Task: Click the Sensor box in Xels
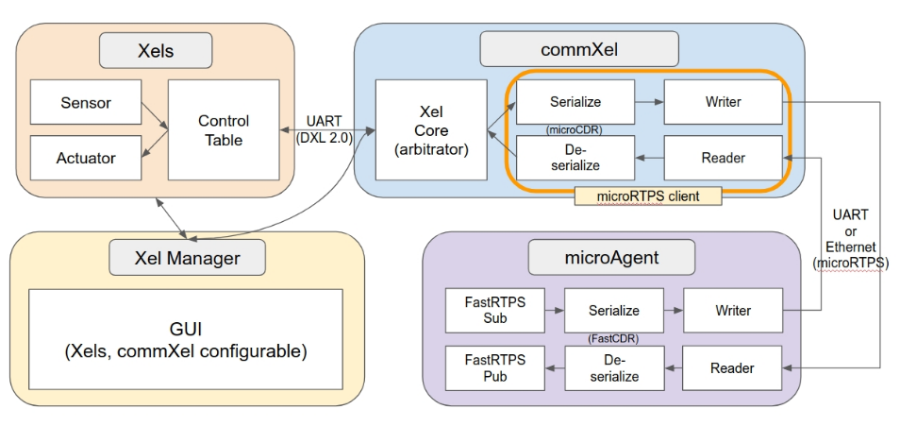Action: coord(86,102)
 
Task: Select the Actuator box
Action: coord(86,158)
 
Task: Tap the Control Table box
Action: coord(224,130)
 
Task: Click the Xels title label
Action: coord(156,51)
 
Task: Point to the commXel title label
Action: coord(579,49)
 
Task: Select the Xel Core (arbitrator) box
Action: coord(431,130)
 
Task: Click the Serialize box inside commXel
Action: coord(575,102)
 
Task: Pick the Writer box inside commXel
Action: coord(723,102)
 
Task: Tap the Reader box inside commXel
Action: coord(723,158)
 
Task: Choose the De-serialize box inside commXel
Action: coord(575,158)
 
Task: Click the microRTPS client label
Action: coord(648,196)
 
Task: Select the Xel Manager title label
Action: coord(187,258)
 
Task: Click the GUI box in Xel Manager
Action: coord(186,339)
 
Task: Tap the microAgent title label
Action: coord(611,257)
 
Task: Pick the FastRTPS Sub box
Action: coord(494,311)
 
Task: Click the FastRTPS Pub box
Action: coord(494,368)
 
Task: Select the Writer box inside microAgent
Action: coord(733,311)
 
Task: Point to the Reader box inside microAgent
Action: coord(732,368)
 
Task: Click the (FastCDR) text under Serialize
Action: coord(613,338)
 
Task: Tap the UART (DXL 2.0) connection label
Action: coord(325,129)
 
